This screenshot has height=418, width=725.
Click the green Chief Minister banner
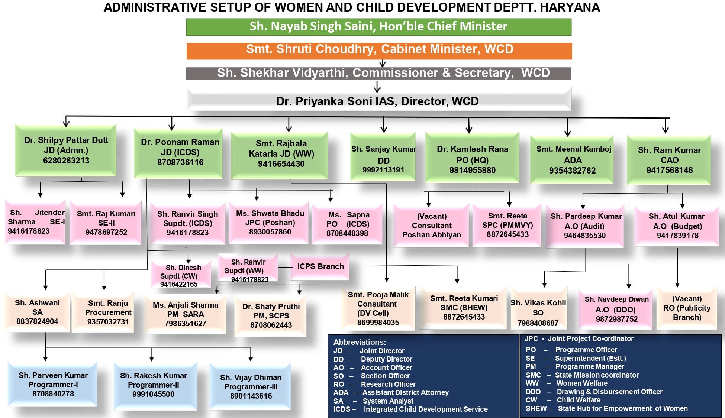tap(378, 27)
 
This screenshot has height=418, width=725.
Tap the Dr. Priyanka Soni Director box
tap(378, 101)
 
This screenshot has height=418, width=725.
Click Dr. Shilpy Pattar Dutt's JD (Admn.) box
tap(66, 150)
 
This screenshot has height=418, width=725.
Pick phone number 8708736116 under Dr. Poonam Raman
tap(180, 163)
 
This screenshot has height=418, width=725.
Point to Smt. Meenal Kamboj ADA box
tap(573, 160)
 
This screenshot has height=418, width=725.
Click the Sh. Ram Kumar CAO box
tap(669, 160)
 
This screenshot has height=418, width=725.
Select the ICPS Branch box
tap(320, 266)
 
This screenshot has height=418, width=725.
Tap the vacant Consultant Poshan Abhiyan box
tap(431, 226)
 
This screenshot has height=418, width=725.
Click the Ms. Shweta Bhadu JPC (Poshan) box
tap(270, 223)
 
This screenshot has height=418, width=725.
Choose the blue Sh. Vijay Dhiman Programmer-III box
tap(251, 387)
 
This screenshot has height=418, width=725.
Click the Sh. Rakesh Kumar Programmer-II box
tap(153, 385)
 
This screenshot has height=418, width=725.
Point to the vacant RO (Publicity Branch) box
tap(687, 308)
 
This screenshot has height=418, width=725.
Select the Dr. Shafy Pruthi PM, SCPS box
tap(271, 316)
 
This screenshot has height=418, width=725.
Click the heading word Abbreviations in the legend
tap(360, 342)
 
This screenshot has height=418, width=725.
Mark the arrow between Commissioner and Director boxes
tap(377, 87)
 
